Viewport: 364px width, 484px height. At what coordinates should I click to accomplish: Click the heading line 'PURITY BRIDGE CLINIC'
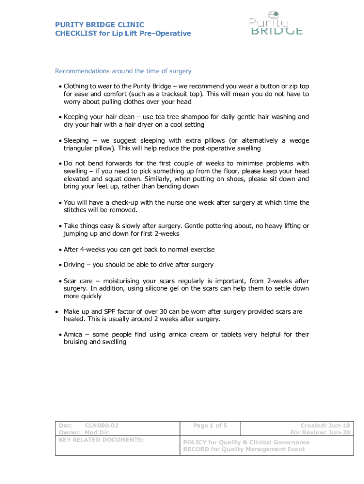pyautogui.click(x=100, y=25)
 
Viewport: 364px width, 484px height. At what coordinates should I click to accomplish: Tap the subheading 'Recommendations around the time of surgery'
pyautogui.click(x=123, y=71)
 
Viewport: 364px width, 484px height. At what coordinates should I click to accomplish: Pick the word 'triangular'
pyautogui.click(x=80, y=148)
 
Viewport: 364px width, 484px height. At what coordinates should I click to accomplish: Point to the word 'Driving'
pyautogui.click(x=74, y=264)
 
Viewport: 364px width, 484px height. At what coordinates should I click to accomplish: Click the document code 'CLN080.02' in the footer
pyautogui.click(x=101, y=425)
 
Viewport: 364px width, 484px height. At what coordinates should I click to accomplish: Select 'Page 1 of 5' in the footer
pyautogui.click(x=210, y=425)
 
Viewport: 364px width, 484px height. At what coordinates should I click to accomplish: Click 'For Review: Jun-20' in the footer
pyautogui.click(x=320, y=432)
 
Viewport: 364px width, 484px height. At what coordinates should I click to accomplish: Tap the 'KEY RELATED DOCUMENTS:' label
pyautogui.click(x=101, y=440)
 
